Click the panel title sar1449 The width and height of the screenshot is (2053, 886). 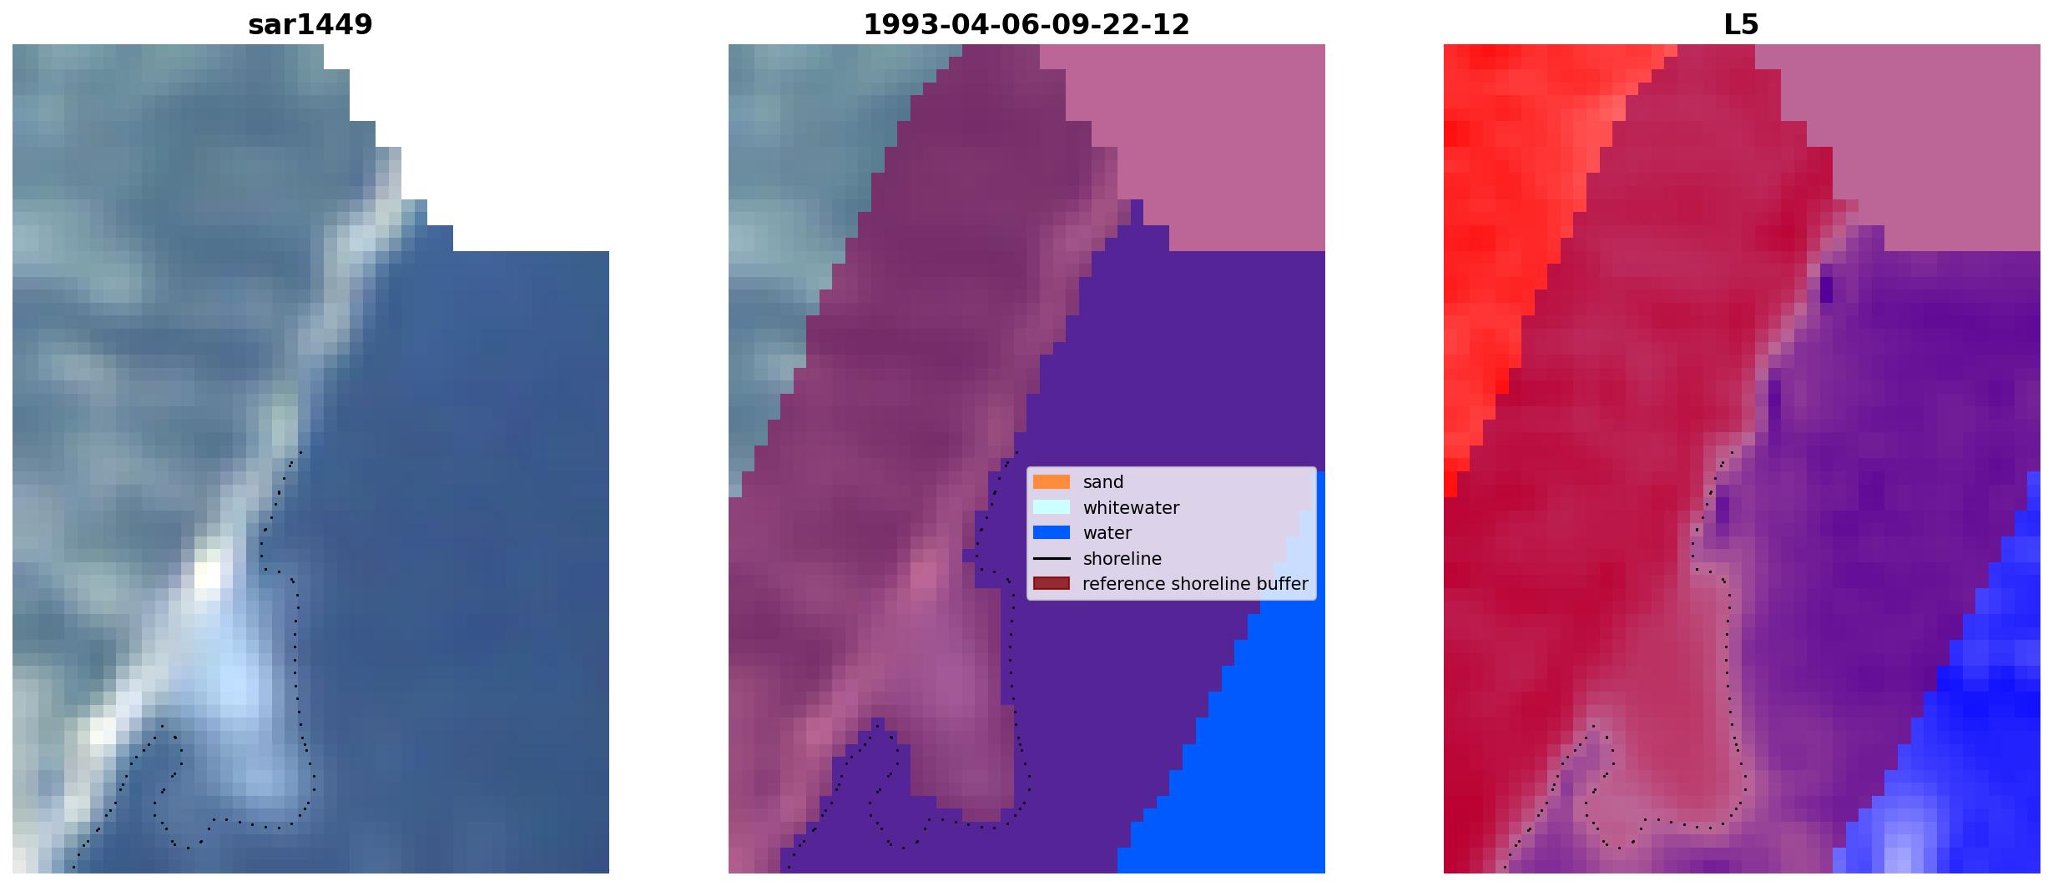(x=310, y=25)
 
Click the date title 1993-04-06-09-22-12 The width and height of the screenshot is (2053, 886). (x=1026, y=25)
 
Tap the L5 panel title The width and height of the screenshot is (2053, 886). (x=1742, y=25)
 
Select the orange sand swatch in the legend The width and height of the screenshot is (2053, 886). (x=1052, y=482)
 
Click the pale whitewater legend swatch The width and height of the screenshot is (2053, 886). (x=1052, y=507)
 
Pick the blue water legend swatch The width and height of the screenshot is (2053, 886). (x=1052, y=533)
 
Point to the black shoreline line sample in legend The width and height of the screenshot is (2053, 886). (x=1052, y=558)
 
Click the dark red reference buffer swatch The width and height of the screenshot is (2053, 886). (x=1052, y=584)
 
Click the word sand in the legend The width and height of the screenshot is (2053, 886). (x=1103, y=482)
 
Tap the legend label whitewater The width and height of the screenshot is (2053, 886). (x=1131, y=508)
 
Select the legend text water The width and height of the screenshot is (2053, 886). (x=1107, y=533)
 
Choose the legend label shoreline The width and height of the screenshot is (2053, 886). (x=1122, y=559)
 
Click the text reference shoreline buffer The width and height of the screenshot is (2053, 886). (x=1195, y=584)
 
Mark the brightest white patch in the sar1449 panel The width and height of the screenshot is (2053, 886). (x=208, y=575)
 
